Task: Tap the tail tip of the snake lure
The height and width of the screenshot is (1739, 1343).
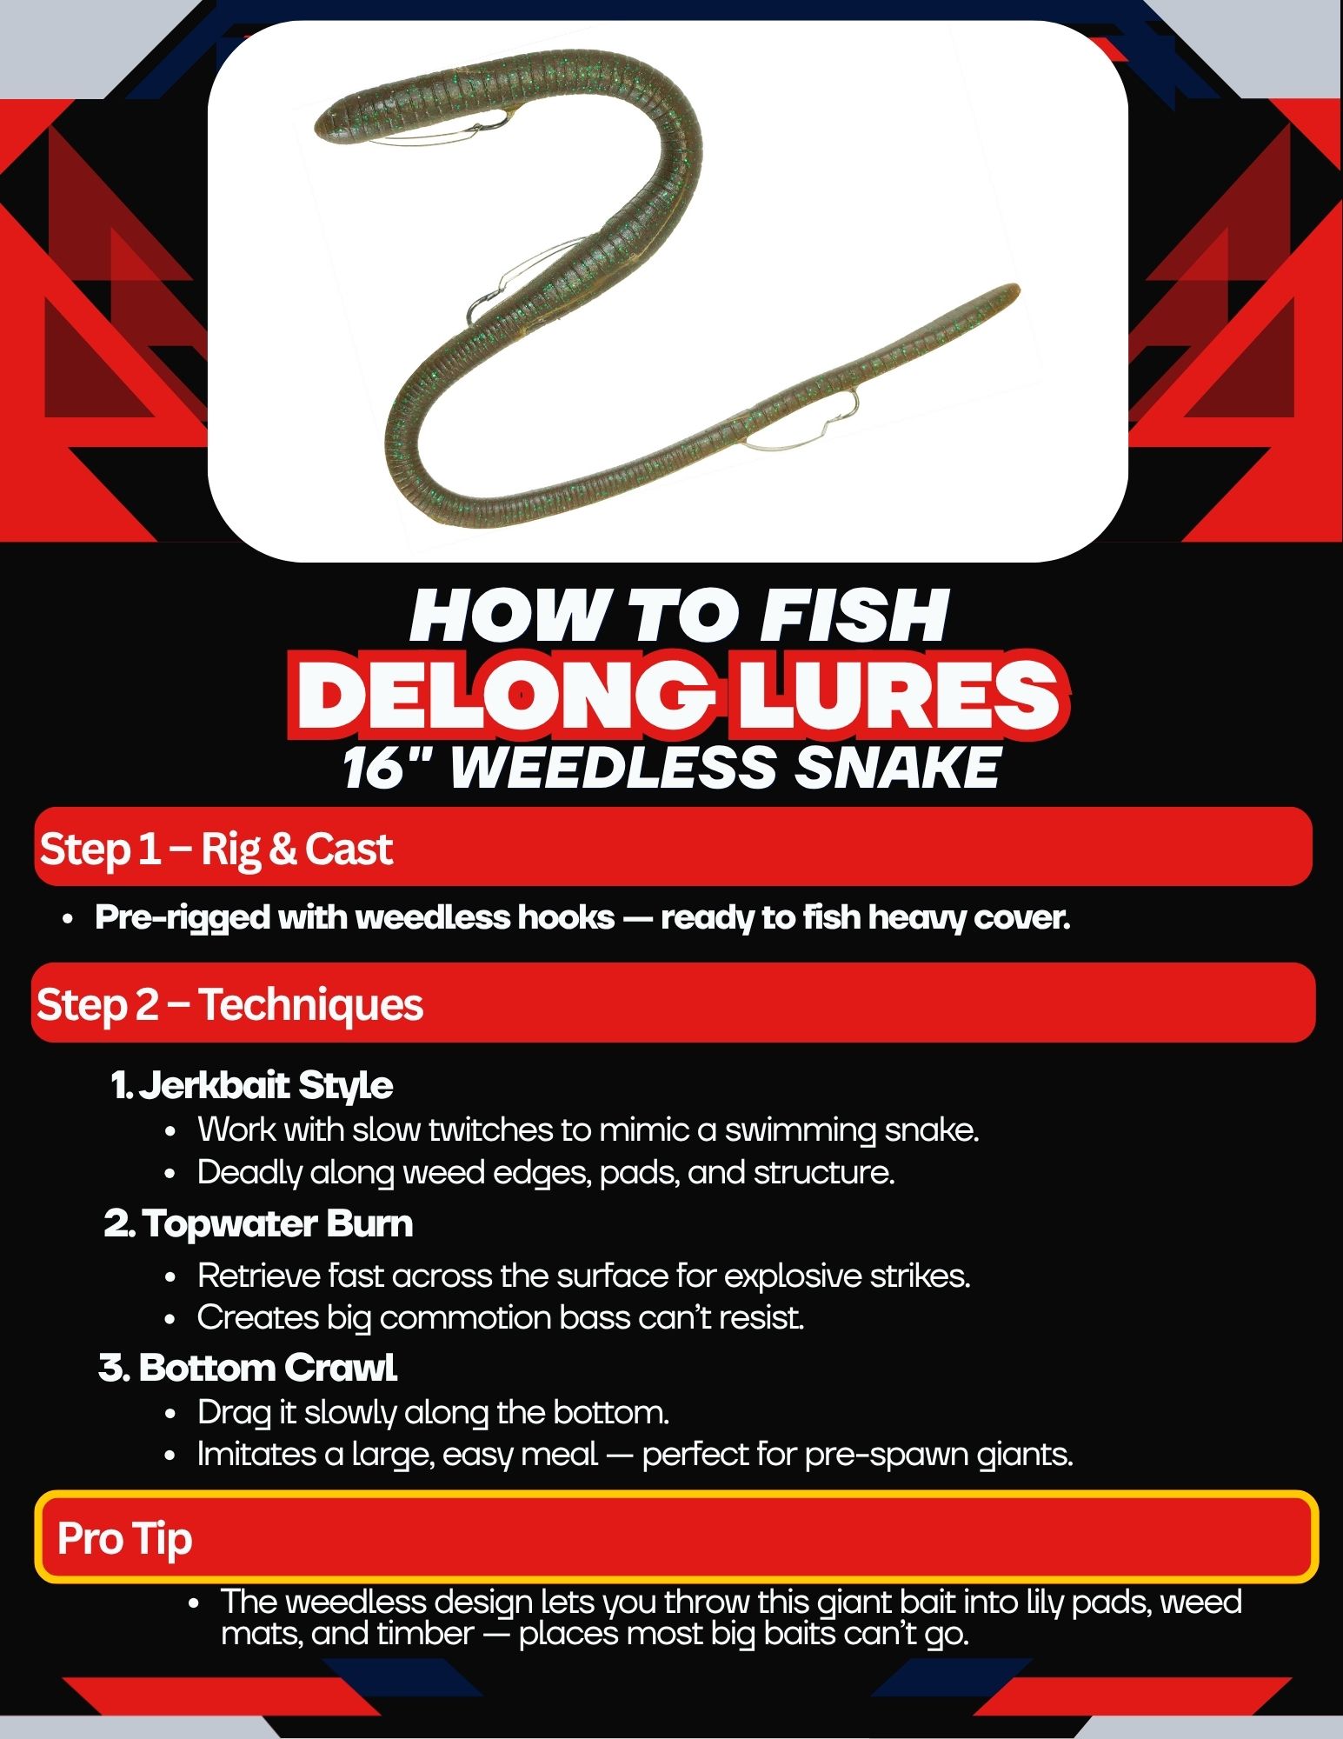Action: (1013, 289)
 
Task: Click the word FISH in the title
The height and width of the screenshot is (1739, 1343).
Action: (854, 616)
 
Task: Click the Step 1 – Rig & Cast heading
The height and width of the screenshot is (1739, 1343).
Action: (216, 849)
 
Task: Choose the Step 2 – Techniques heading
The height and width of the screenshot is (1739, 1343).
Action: (229, 1004)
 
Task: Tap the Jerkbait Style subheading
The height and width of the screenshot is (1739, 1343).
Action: (252, 1085)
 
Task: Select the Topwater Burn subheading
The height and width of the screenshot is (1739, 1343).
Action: (258, 1223)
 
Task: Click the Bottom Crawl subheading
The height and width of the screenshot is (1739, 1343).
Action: (248, 1368)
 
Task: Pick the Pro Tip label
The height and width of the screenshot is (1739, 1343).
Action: (124, 1538)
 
